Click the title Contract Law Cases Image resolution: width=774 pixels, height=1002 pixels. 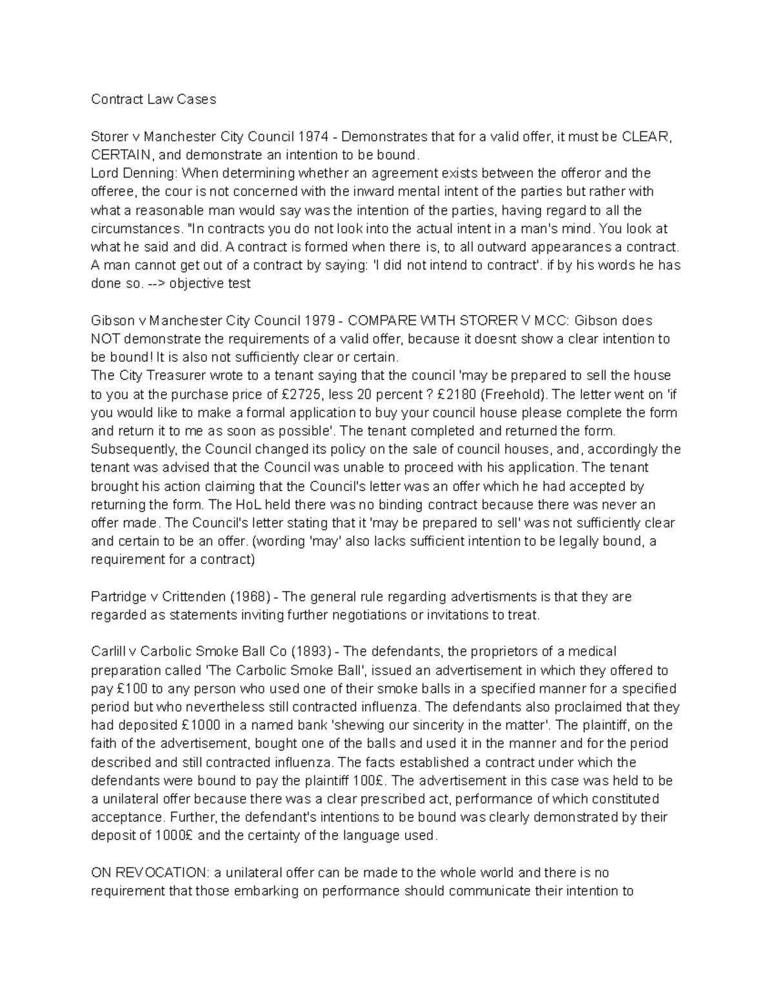coord(154,99)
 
